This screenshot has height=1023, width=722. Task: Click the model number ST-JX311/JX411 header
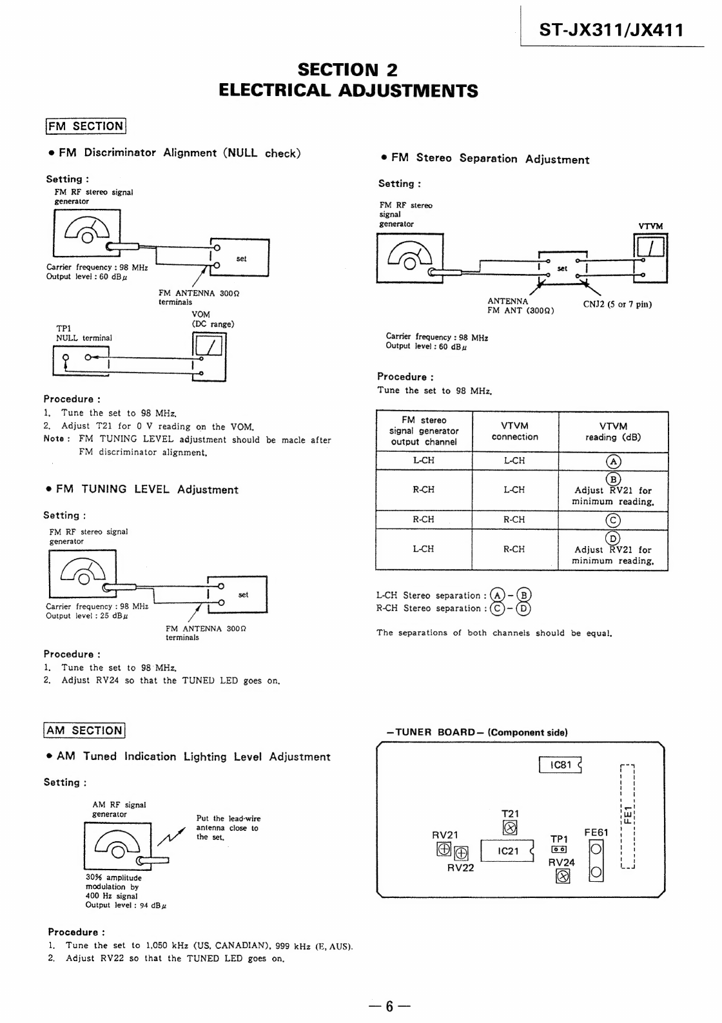tap(611, 30)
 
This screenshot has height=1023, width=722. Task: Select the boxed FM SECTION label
tap(86, 126)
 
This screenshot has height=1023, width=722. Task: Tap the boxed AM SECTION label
tap(84, 730)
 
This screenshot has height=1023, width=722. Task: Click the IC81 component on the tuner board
tap(560, 765)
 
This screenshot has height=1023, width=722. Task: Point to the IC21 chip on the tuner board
tap(507, 851)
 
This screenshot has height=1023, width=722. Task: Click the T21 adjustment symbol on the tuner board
tap(510, 828)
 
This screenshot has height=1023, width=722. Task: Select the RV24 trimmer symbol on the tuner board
tap(563, 876)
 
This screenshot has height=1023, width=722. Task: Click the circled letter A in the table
tap(613, 462)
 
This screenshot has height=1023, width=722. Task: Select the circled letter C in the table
tap(613, 520)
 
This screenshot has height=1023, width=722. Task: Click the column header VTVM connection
tap(514, 431)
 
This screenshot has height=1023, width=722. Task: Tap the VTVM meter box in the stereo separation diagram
tap(650, 258)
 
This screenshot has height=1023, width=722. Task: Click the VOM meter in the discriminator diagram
tap(209, 356)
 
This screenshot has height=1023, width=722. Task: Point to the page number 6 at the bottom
tap(389, 1006)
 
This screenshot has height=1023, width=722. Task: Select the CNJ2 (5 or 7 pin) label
tap(617, 304)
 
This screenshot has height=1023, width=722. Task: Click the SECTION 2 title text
tap(347, 70)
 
